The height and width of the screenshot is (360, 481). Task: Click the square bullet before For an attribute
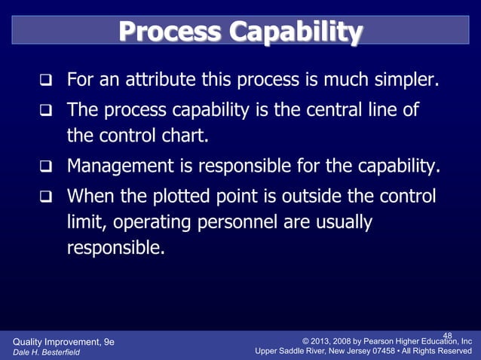pos(46,80)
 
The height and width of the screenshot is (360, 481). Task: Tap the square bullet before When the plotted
pos(46,197)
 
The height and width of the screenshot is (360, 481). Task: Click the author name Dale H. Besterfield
pos(47,351)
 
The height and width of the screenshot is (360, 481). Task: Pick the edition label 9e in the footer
pos(109,341)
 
